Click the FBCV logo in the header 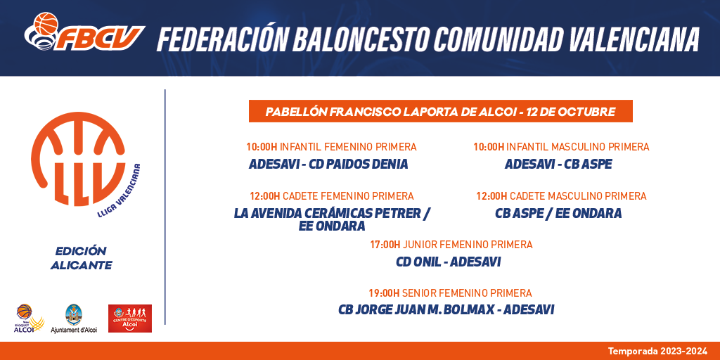84,32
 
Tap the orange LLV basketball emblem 78,159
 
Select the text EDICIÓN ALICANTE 82,258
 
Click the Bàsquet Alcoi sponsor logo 30,319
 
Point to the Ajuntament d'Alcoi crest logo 74,319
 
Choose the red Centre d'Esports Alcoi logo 130,319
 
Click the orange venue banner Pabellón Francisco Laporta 441,111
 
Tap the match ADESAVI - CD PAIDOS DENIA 328,164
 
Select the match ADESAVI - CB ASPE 558,164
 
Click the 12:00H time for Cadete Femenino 265,196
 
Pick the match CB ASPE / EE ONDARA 558,213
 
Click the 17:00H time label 385,245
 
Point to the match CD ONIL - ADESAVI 448,262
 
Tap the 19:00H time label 384,293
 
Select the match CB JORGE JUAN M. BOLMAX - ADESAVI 446,310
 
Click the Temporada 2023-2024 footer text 658,352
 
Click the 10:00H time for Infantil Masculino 489,147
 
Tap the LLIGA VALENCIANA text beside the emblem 120,189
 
